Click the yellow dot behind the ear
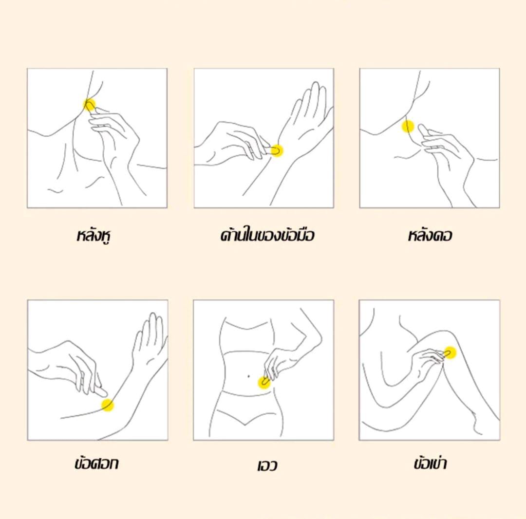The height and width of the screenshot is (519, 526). pos(89,105)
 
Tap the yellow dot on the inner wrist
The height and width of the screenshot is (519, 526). pos(277,151)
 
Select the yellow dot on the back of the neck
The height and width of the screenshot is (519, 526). pos(408,127)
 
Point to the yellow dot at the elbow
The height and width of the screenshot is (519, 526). pos(108,406)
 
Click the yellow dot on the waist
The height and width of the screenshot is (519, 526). pos(264,383)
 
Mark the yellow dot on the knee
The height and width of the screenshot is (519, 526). pos(450,352)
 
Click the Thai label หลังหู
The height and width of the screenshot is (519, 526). pos(94,236)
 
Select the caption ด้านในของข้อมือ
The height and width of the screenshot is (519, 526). pos(267,235)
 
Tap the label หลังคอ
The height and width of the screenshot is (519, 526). pos(430,235)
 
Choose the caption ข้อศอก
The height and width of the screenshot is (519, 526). pos(96,463)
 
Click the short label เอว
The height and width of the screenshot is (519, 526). pos(267,466)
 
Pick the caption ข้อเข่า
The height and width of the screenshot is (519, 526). pos(430,463)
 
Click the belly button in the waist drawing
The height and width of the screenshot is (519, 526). pos(248,376)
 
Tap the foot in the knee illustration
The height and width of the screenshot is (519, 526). pos(483,423)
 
